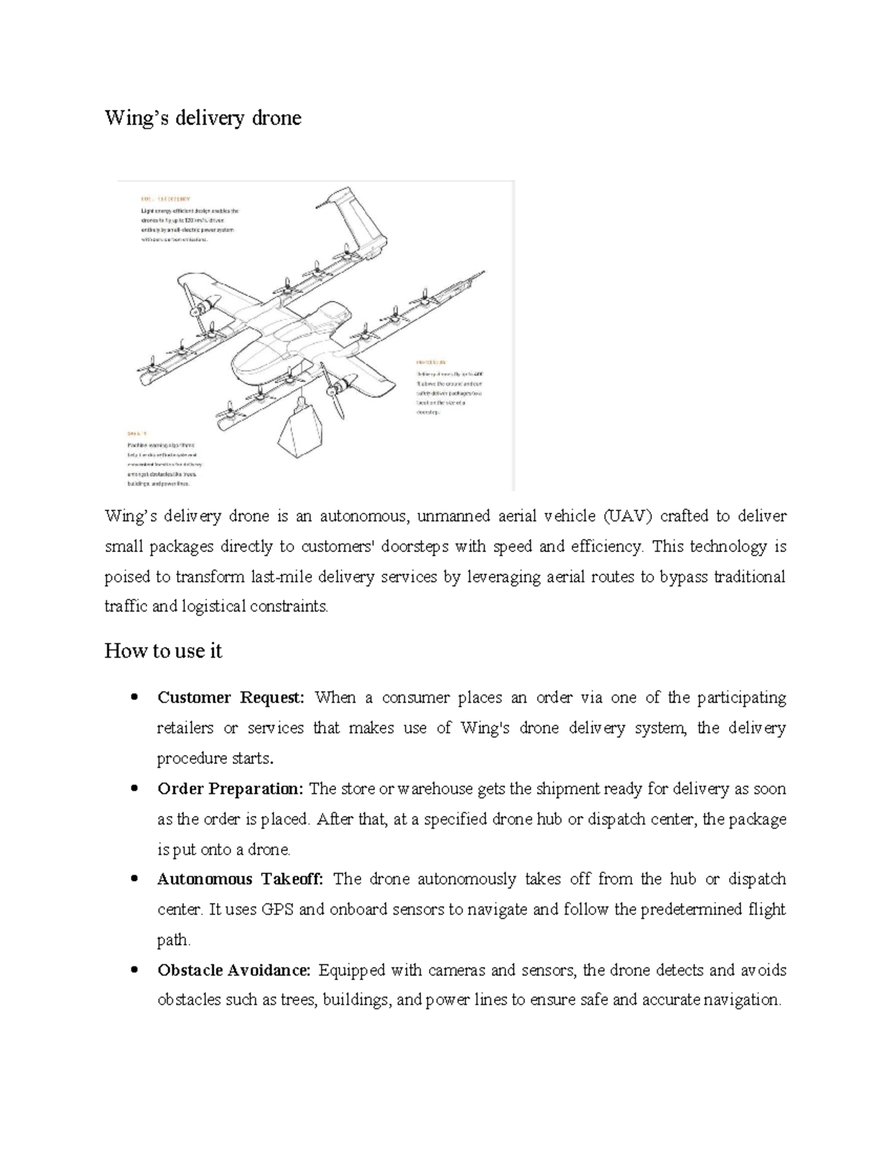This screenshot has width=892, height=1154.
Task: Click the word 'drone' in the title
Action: pos(276,118)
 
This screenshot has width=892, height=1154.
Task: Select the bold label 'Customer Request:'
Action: pos(231,698)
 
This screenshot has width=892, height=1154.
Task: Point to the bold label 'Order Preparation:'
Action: pos(230,788)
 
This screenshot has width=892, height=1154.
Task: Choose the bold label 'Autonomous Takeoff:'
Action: pos(240,879)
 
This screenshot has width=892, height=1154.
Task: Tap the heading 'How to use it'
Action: pos(164,651)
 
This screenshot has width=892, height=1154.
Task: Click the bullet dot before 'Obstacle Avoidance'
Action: pos(134,970)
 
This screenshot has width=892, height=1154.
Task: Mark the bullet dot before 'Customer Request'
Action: pos(134,698)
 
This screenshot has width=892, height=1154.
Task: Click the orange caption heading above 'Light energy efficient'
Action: pos(165,199)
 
